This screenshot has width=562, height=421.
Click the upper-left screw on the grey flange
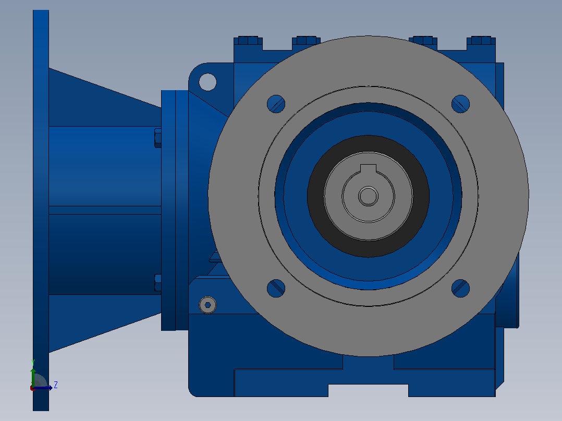click(276, 104)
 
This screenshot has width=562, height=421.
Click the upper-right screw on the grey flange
click(460, 104)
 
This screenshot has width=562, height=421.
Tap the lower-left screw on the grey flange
click(276, 288)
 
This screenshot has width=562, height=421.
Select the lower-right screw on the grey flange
click(460, 288)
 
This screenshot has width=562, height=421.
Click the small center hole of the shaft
click(368, 196)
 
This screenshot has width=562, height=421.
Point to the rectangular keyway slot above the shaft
click(368, 169)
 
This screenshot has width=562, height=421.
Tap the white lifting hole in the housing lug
click(207, 82)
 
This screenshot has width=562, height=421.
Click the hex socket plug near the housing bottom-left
click(207, 305)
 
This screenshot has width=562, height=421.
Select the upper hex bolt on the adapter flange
click(157, 138)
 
